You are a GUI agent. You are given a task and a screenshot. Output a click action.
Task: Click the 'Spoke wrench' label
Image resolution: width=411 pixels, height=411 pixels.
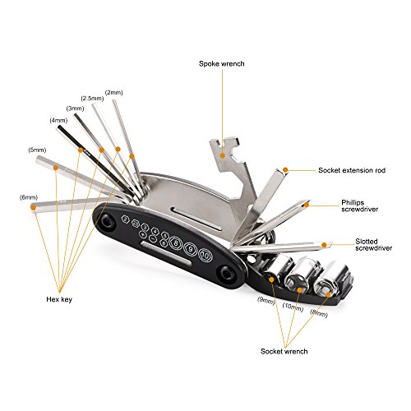click(221, 64)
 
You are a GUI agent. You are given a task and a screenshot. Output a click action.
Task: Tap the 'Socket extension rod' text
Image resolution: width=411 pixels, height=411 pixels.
click(352, 170)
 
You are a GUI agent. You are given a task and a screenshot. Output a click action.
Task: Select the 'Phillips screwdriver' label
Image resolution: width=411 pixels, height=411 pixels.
click(359, 205)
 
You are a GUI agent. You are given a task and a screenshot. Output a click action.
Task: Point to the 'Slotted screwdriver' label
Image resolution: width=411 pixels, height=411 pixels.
click(373, 245)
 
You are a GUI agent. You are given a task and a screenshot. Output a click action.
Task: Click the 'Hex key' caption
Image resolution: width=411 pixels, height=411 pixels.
click(59, 299)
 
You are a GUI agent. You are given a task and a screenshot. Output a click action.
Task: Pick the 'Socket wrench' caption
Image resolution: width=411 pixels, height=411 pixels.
click(284, 351)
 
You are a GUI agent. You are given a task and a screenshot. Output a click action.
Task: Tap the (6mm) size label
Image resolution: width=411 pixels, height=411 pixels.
click(29, 197)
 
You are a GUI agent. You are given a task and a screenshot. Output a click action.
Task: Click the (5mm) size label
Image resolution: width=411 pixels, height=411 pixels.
click(37, 150)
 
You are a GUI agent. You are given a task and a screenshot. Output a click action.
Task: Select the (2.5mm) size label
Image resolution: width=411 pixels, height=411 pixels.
click(92, 99)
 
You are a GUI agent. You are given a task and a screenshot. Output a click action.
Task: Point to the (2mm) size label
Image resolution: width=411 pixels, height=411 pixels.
click(114, 93)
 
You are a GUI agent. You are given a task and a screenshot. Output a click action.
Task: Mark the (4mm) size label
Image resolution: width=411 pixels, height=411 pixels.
click(58, 120)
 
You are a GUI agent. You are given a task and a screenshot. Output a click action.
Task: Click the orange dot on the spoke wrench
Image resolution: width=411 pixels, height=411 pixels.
click(223, 155)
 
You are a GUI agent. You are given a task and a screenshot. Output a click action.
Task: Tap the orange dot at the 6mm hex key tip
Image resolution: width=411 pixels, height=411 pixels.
click(34, 207)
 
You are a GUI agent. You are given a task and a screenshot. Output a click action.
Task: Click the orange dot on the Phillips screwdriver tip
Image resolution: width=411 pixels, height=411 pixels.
click(307, 204)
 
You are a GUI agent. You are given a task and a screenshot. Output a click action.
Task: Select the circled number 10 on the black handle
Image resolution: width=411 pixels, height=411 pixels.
click(205, 255)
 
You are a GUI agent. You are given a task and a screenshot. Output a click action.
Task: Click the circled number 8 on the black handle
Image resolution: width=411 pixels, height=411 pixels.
click(176, 242)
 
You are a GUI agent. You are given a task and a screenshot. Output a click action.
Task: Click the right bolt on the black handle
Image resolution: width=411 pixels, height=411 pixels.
click(227, 273)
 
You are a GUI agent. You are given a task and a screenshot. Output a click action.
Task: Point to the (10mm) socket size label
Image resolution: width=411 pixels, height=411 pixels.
click(293, 307)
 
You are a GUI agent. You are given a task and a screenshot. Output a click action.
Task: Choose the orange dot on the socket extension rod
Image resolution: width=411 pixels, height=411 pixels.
click(285, 170)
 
